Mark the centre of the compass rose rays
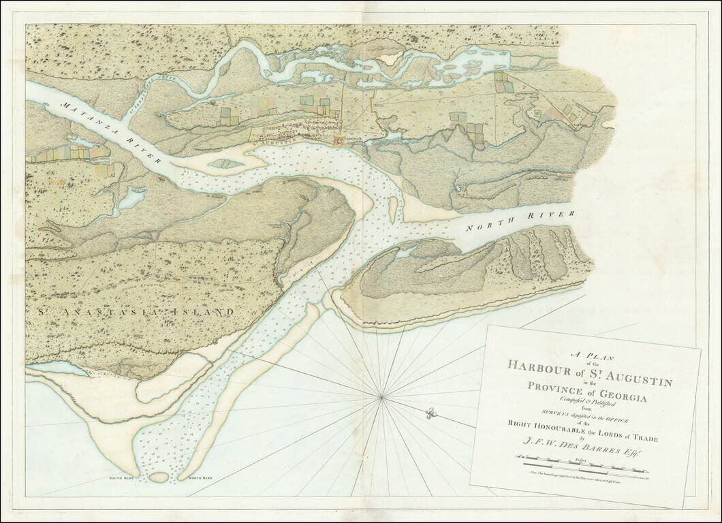[x=382, y=395]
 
